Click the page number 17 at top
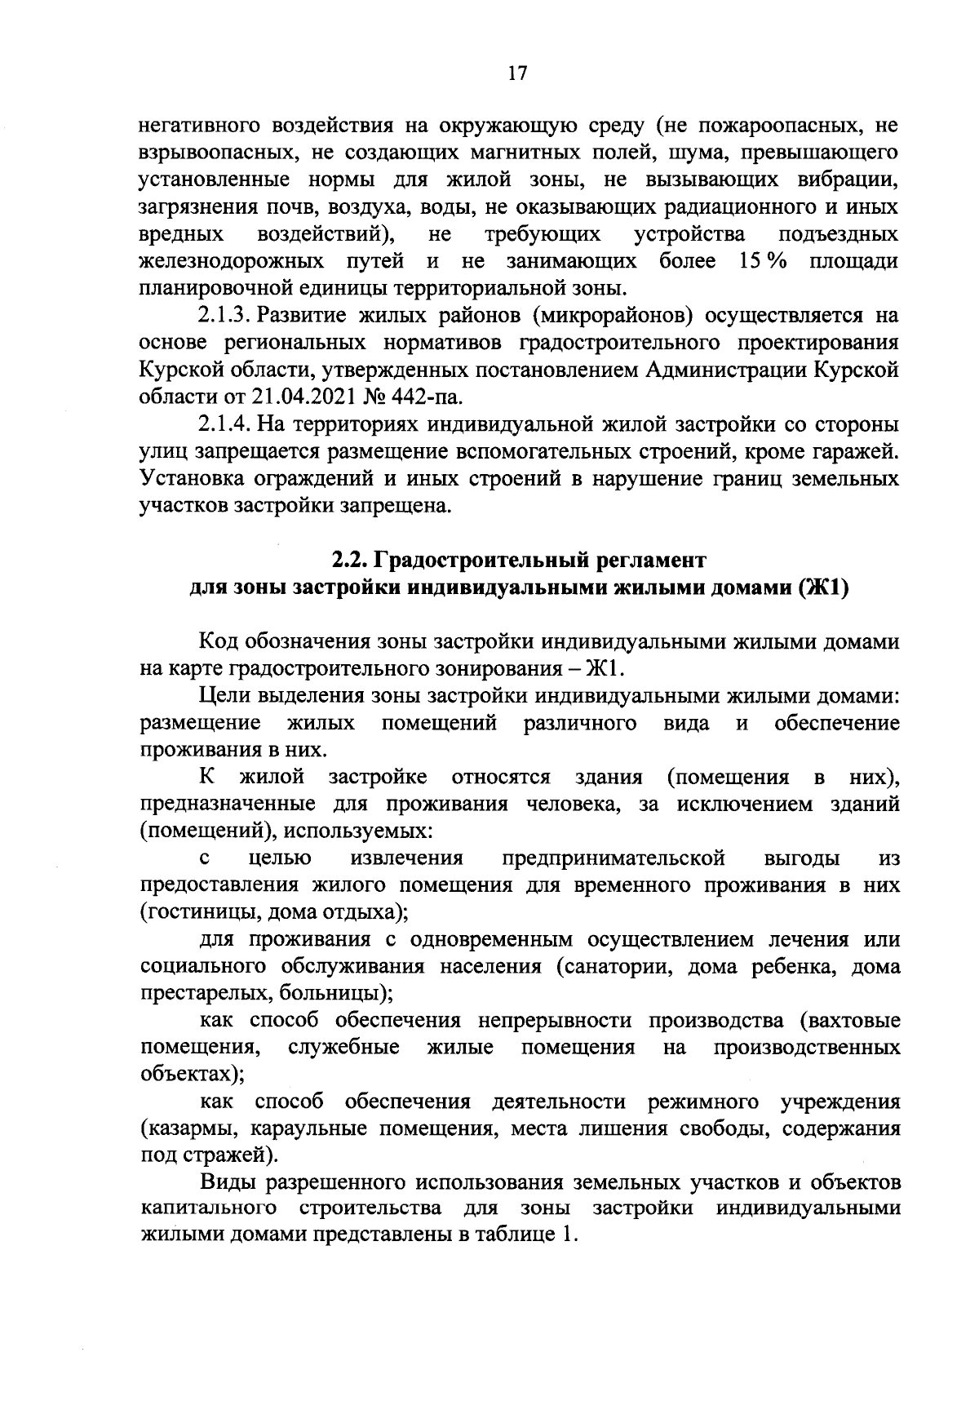coord(517,73)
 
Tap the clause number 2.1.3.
coord(224,317)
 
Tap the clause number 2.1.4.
coord(224,425)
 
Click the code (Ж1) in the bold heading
coord(824,588)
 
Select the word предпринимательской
coord(614,858)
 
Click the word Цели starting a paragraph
coord(224,696)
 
